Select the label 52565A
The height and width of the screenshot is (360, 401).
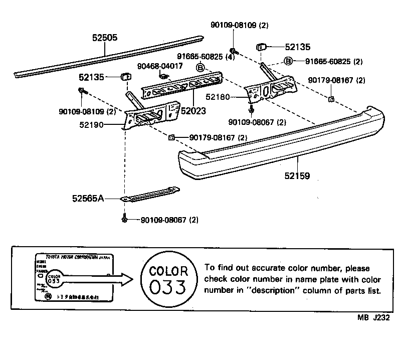pos(87,199)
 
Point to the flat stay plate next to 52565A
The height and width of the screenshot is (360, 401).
pos(150,195)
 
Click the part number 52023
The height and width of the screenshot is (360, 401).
pos(192,111)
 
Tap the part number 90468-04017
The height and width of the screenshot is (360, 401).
pos(160,66)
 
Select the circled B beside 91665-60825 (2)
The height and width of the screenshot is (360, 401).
pos(289,62)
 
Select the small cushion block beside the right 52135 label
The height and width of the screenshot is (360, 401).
pos(262,47)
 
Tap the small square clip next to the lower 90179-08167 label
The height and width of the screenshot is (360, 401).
pos(171,137)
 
